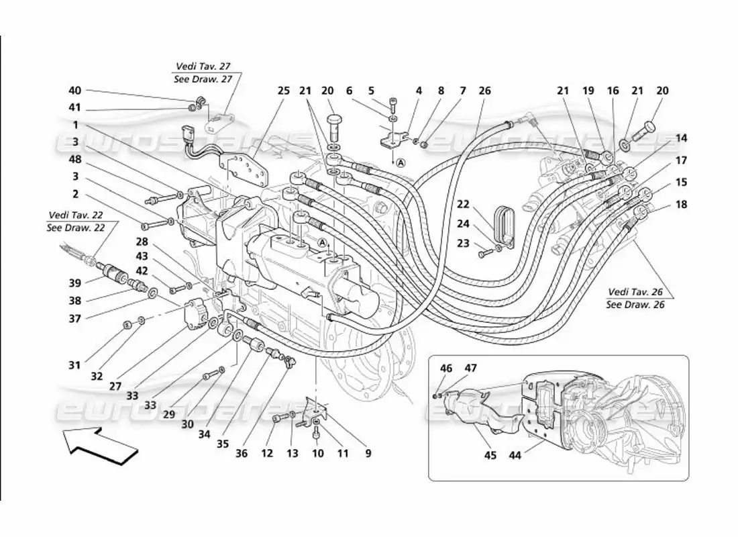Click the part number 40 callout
pyautogui.click(x=74, y=91)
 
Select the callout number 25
pyautogui.click(x=284, y=91)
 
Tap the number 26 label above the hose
pyautogui.click(x=484, y=91)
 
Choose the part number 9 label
pyautogui.click(x=368, y=453)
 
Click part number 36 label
pyautogui.click(x=242, y=453)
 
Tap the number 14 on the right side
pyautogui.click(x=681, y=138)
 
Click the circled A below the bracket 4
pyautogui.click(x=401, y=162)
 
